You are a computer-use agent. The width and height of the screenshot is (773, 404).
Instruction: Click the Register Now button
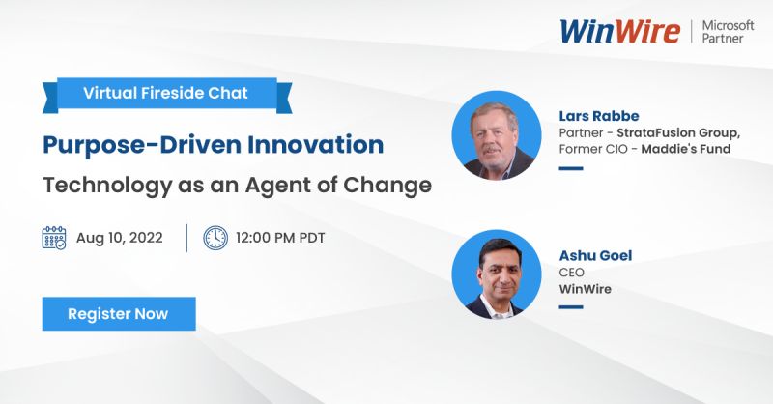pyautogui.click(x=118, y=314)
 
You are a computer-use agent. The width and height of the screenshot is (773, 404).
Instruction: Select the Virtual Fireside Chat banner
pyautogui.click(x=165, y=94)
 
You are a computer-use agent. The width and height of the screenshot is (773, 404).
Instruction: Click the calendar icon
pyautogui.click(x=54, y=238)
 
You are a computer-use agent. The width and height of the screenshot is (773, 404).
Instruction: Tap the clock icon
pyautogui.click(x=215, y=238)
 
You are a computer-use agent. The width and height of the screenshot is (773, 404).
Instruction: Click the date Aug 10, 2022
pyautogui.click(x=119, y=238)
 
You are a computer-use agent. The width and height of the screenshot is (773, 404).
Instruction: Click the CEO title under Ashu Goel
pyautogui.click(x=571, y=273)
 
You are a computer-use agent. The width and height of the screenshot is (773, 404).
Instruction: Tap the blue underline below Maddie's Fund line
pyautogui.click(x=571, y=167)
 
